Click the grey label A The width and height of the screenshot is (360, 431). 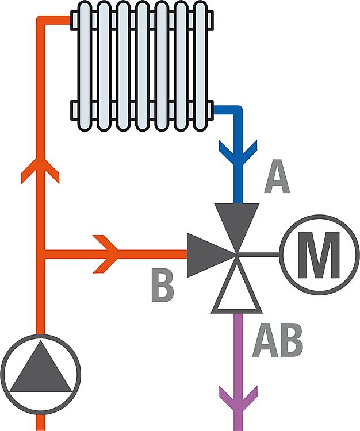pyautogui.click(x=277, y=179)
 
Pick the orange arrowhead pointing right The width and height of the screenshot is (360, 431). pyautogui.click(x=108, y=253)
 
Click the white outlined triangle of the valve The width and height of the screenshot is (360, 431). pyautogui.click(x=236, y=293)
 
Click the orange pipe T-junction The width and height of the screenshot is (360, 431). pyautogui.click(x=41, y=253)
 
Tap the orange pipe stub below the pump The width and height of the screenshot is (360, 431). pyautogui.click(x=40, y=424)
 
